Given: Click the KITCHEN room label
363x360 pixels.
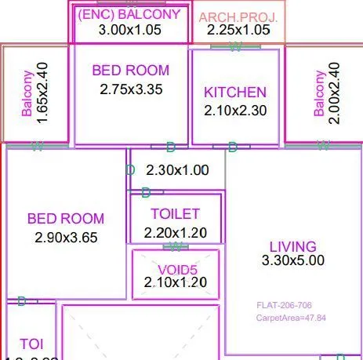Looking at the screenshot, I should pyautogui.click(x=235, y=93).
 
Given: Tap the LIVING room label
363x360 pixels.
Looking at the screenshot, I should pyautogui.click(x=292, y=247).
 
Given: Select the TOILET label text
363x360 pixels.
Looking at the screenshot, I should pyautogui.click(x=175, y=213).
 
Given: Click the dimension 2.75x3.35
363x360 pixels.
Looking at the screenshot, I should pyautogui.click(x=131, y=89).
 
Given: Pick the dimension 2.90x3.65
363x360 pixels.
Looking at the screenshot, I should pyautogui.click(x=66, y=237).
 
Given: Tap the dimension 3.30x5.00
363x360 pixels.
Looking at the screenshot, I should pyautogui.click(x=292, y=260).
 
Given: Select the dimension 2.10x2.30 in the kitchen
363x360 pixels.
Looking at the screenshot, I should pyautogui.click(x=235, y=111).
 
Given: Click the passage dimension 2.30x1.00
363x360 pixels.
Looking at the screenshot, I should pyautogui.click(x=178, y=169).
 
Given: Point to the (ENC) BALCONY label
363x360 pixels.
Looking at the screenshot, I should pyautogui.click(x=131, y=14).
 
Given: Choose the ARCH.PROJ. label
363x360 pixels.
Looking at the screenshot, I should pyautogui.click(x=238, y=16).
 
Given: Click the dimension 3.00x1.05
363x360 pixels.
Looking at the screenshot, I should pyautogui.click(x=131, y=30).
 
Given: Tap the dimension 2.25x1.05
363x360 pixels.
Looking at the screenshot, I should pyautogui.click(x=238, y=31).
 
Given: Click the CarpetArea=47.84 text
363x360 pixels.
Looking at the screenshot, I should pyautogui.click(x=291, y=318).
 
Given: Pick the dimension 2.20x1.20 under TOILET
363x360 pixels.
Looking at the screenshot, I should pyautogui.click(x=176, y=232).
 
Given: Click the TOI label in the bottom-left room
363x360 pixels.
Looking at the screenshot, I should pyautogui.click(x=31, y=344).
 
